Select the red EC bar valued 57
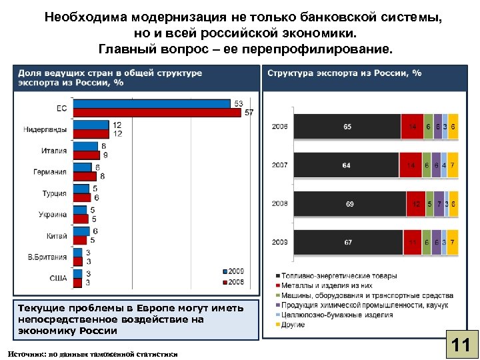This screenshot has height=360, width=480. [157, 112]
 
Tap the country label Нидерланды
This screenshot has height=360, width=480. [45, 128]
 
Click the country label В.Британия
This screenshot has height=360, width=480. [47, 257]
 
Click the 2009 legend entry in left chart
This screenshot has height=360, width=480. [233, 271]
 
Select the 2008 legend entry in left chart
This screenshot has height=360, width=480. [233, 281]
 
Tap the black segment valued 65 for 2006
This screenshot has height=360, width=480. [347, 127]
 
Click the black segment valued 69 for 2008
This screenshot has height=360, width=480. [349, 204]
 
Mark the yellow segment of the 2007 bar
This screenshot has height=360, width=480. [453, 165]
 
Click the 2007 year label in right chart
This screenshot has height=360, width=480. [279, 165]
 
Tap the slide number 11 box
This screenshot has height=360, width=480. [460, 345]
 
